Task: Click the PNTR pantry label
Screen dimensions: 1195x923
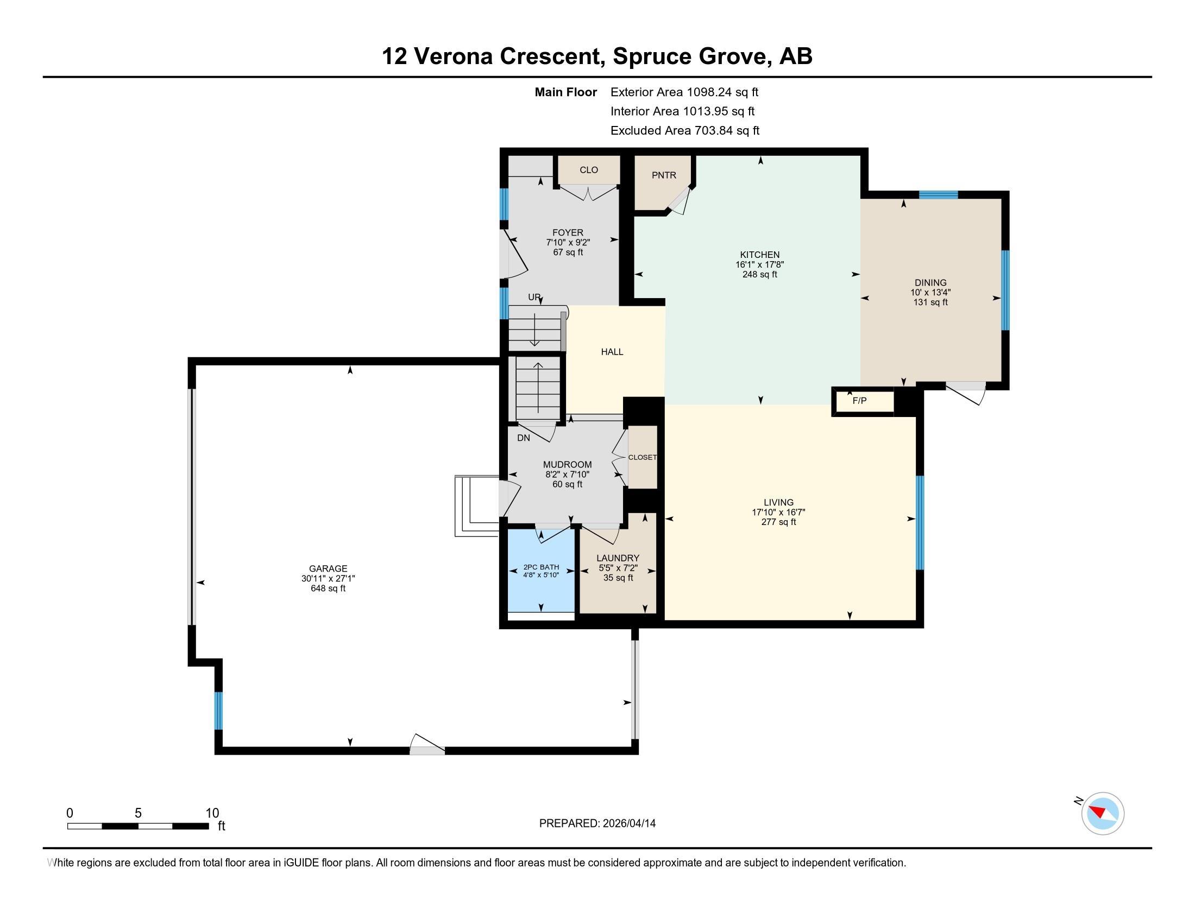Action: click(664, 175)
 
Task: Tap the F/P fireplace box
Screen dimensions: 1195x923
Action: click(863, 401)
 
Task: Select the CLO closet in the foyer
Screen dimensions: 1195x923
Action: click(589, 170)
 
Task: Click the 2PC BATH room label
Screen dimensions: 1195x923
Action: click(541, 567)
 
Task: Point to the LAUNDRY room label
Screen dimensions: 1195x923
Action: click(618, 558)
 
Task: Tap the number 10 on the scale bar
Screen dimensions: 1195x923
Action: click(212, 813)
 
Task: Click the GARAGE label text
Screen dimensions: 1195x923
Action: click(328, 568)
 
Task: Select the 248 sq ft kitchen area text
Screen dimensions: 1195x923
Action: click(759, 275)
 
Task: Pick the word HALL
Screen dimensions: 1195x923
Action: click(612, 352)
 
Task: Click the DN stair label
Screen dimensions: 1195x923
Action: click(524, 438)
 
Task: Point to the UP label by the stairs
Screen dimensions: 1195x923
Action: click(534, 298)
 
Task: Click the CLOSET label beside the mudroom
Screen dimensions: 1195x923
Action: click(643, 457)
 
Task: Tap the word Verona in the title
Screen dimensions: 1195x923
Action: click(453, 56)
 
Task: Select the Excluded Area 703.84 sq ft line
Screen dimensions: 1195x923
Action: click(685, 131)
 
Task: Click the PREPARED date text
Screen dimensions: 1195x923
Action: click(597, 824)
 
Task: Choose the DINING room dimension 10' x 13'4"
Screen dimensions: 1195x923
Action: click(930, 293)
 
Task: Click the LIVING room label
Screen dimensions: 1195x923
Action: click(778, 503)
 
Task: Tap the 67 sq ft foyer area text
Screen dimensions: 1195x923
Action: click(568, 252)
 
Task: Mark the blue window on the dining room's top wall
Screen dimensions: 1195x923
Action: click(939, 195)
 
